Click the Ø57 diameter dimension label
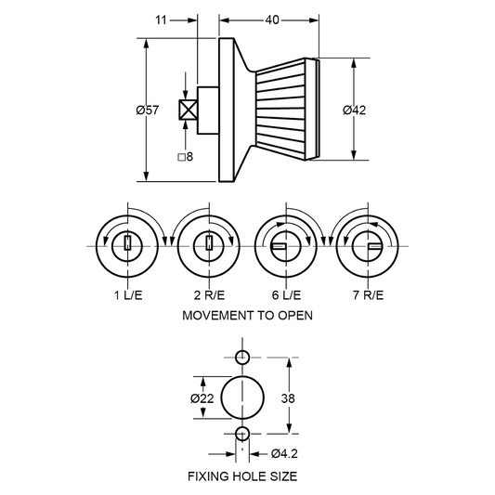click(148, 111)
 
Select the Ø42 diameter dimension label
click(355, 110)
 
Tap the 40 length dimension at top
click(272, 20)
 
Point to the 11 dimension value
click(161, 20)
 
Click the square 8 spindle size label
click(186, 157)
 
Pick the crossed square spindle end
click(189, 110)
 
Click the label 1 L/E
click(128, 295)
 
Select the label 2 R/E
click(209, 295)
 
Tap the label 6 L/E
click(286, 295)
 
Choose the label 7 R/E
click(368, 295)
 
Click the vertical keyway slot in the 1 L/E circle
click(127, 243)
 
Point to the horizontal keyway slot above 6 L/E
click(279, 246)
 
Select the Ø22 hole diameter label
click(202, 398)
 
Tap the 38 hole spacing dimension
click(288, 398)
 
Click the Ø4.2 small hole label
click(284, 453)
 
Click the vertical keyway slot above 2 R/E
click(209, 243)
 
